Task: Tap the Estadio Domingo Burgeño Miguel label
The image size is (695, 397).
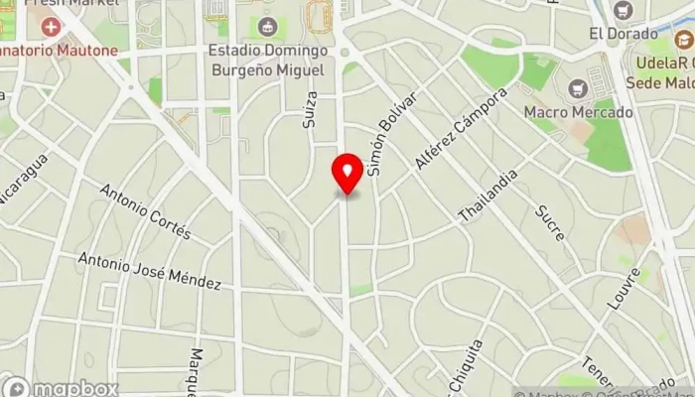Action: pos(266,60)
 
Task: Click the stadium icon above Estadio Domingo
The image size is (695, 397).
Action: pos(266,27)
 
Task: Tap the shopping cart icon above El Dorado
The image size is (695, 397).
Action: pos(624,11)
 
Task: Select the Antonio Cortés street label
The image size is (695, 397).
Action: pos(145,211)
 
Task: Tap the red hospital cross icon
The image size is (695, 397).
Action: pos(50,22)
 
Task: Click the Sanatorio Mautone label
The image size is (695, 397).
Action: pos(60,49)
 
